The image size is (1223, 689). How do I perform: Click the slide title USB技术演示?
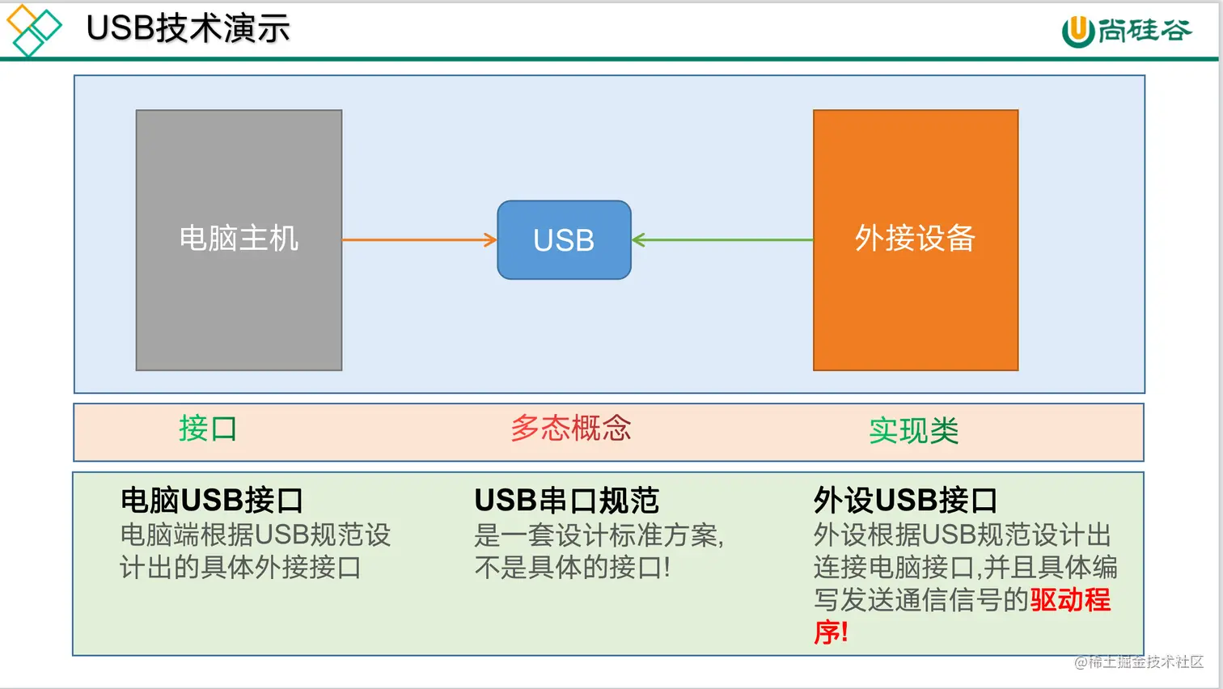pos(188,28)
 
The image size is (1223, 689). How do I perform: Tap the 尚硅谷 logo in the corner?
pos(1126,31)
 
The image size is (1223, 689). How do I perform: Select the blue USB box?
pos(564,240)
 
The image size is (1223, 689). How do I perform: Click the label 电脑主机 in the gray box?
pos(239,239)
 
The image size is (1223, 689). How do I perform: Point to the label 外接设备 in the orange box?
pos(915,239)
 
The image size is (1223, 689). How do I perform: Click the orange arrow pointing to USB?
pos(419,240)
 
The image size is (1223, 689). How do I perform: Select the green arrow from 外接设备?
pos(722,240)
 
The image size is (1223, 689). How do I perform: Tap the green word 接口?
pos(208,429)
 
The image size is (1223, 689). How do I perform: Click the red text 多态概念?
pos(570,429)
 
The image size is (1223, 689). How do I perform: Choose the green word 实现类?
pos(913,431)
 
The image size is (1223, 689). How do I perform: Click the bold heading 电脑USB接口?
pos(211,501)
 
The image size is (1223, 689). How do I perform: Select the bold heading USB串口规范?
pos(566,501)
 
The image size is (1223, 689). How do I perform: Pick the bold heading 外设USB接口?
pos(905,501)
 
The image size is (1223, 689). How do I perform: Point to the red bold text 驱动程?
pos(1070,600)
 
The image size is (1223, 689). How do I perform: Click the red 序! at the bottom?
pos(831,632)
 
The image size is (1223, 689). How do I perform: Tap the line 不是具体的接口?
pos(572,568)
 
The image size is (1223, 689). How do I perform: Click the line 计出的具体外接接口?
pos(240,568)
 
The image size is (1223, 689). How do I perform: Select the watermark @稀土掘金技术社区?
pos(1138,662)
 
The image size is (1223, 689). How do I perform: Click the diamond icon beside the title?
pos(33,30)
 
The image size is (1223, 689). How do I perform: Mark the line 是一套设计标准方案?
pos(599,535)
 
